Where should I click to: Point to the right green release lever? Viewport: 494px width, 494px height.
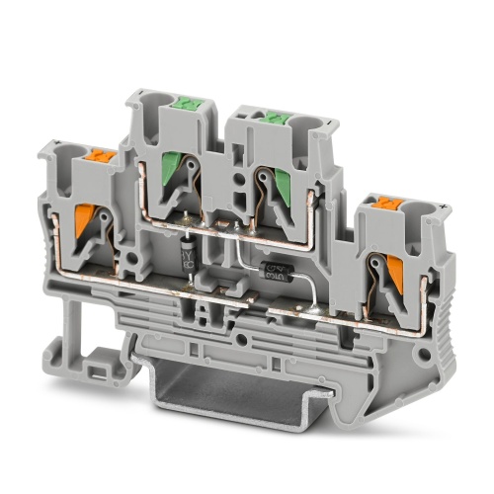[x=268, y=186]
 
